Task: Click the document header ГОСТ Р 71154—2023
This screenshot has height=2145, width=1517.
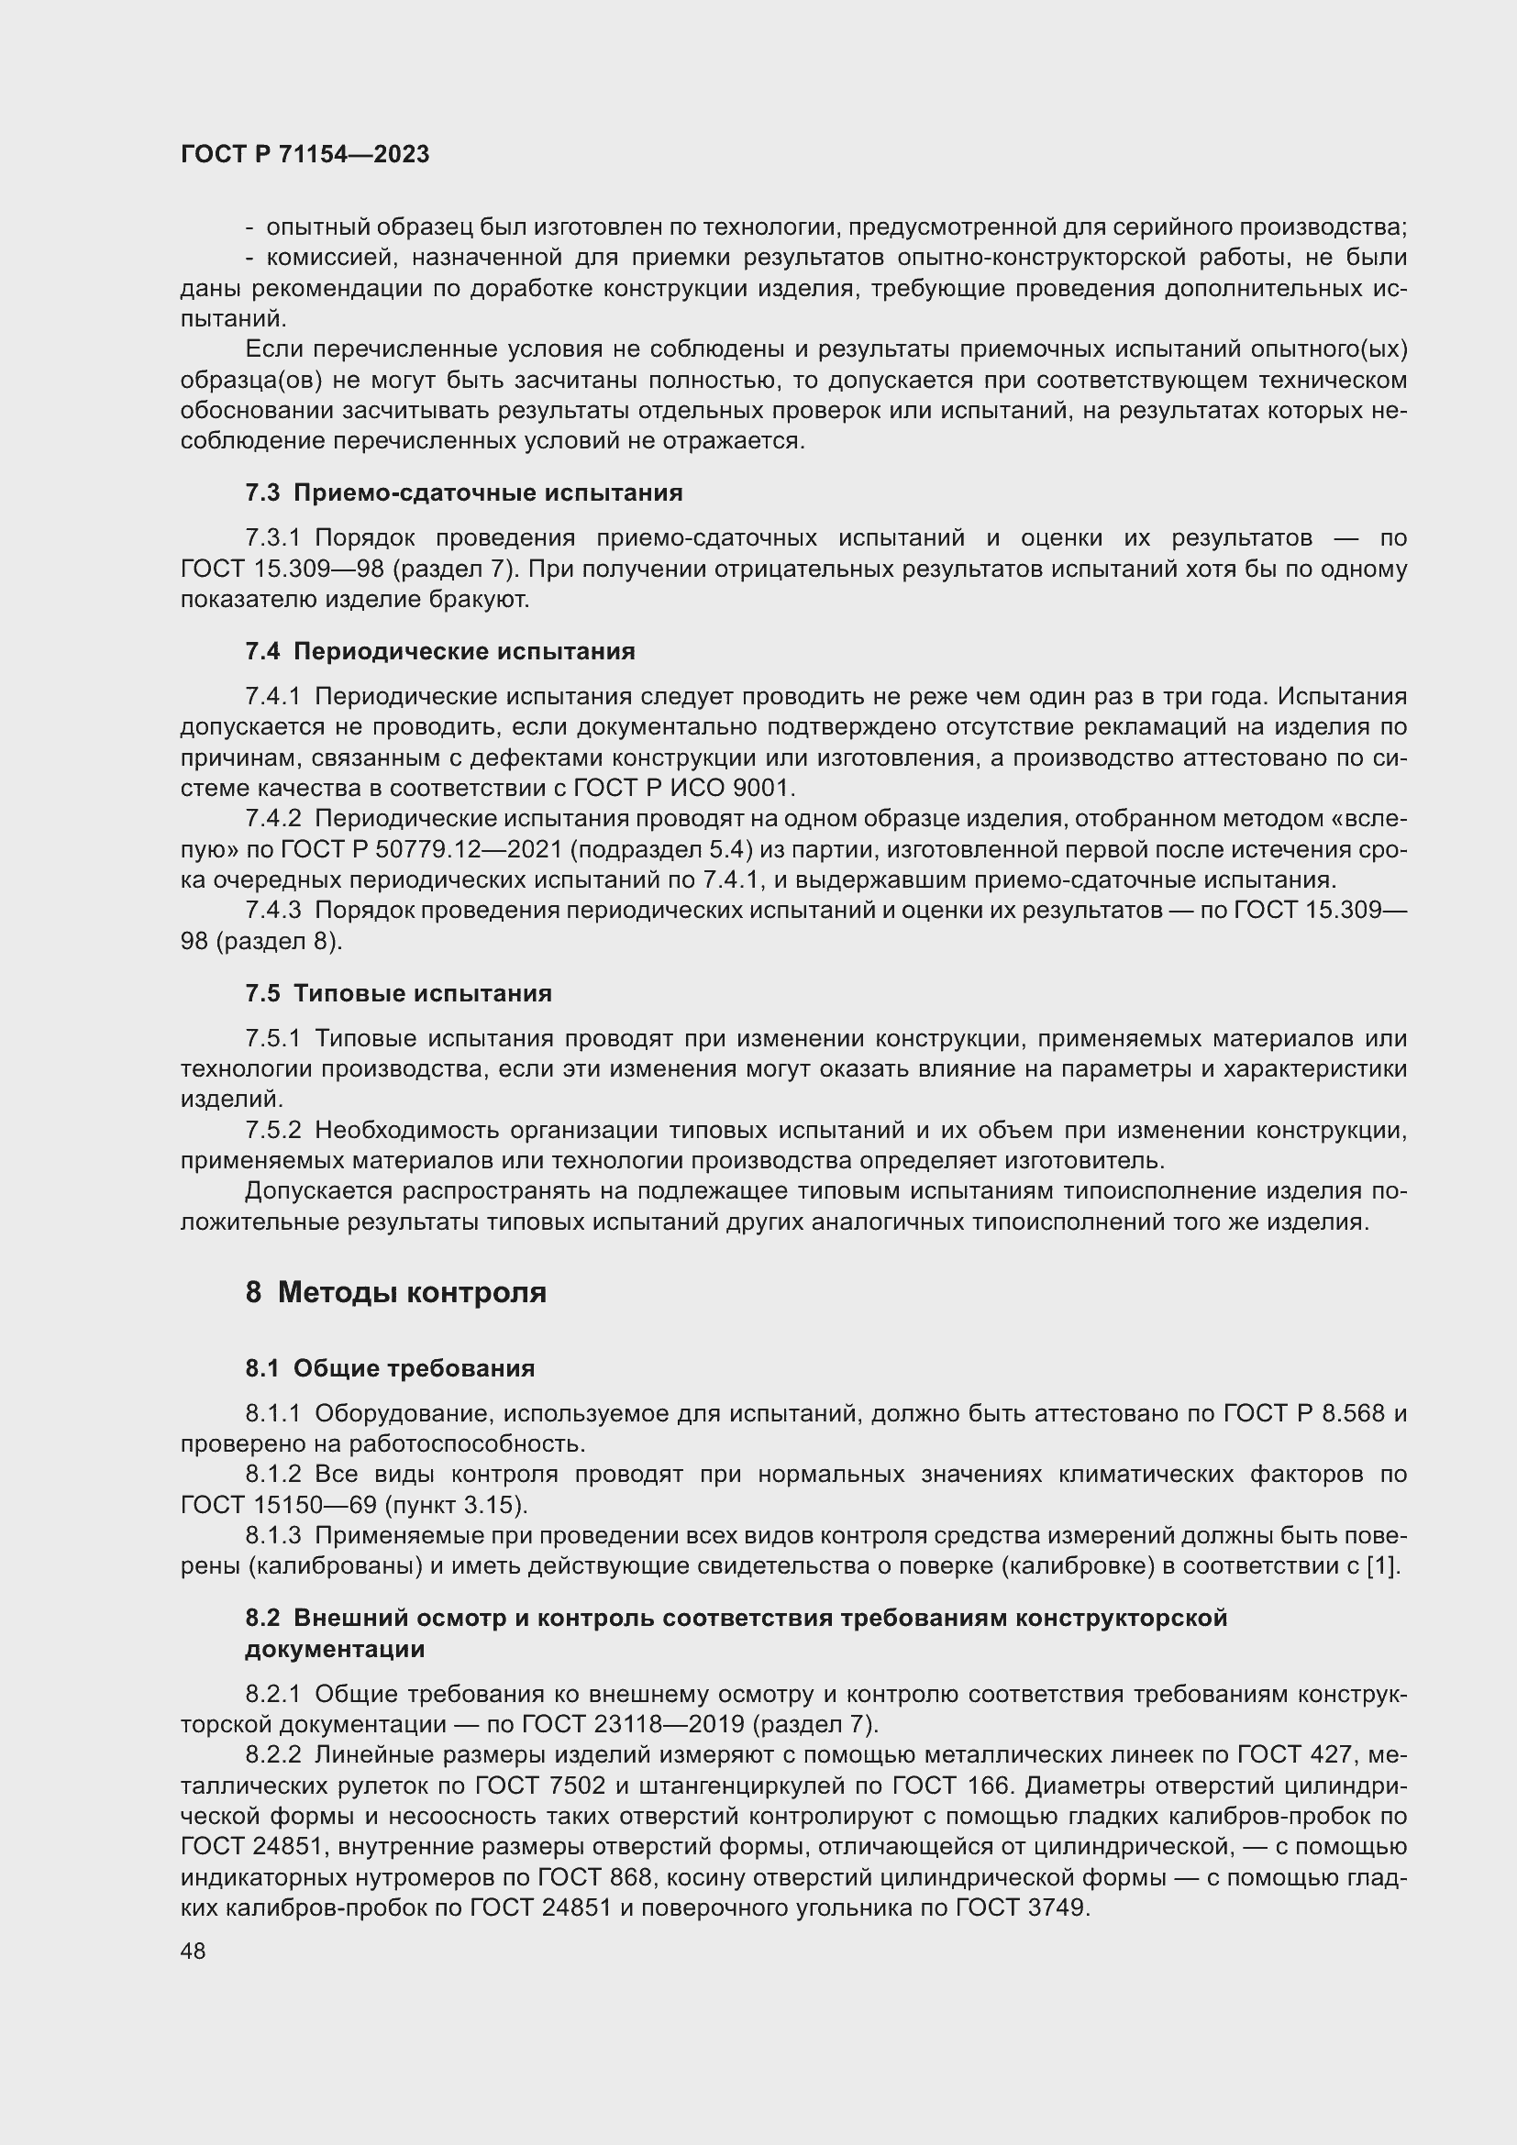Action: coord(305,155)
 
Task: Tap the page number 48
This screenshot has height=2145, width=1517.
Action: coord(194,1951)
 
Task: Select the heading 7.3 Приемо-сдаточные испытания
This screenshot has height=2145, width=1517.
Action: coord(464,493)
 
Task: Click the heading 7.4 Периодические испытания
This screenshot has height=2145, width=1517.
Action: coord(440,651)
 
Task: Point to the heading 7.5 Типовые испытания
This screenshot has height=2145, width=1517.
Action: coord(399,993)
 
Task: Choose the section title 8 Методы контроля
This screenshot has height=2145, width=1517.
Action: coord(396,1293)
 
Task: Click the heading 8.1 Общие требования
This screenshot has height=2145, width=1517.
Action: coord(390,1368)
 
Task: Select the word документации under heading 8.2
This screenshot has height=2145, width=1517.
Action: coord(335,1649)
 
